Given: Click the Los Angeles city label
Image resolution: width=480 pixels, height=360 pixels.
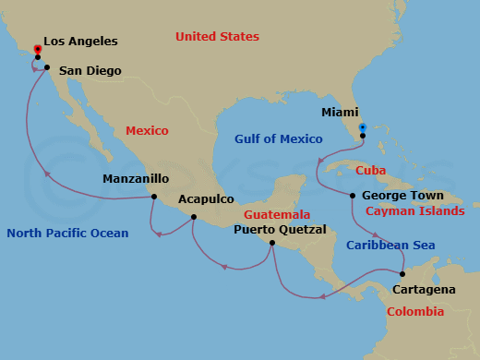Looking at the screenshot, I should tap(80, 42).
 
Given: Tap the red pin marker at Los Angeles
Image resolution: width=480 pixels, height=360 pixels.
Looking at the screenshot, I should tap(38, 50).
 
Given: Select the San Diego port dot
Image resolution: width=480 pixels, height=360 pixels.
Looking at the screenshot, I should tap(46, 67).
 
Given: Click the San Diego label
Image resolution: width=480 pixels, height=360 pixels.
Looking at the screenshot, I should tap(89, 69).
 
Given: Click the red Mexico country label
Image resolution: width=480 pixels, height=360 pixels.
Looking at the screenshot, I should tap(147, 131).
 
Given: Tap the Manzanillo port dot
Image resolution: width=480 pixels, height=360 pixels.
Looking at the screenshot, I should tap(153, 197).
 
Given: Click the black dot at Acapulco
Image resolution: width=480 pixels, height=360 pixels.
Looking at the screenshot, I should tap(193, 218).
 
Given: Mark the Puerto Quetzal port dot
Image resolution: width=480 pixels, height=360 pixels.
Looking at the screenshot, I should tap(271, 243).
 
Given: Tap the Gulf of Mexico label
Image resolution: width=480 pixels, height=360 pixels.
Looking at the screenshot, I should tap(279, 139).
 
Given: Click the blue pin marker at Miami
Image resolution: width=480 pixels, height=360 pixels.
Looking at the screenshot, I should tap(363, 128).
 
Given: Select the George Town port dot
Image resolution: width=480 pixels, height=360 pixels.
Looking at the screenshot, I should tap(353, 195).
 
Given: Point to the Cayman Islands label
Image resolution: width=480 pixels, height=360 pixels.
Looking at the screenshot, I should tap(415, 211).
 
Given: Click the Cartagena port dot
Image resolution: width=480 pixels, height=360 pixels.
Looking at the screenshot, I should tap(402, 274).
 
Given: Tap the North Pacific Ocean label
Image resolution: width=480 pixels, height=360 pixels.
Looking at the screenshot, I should tap(67, 234).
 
